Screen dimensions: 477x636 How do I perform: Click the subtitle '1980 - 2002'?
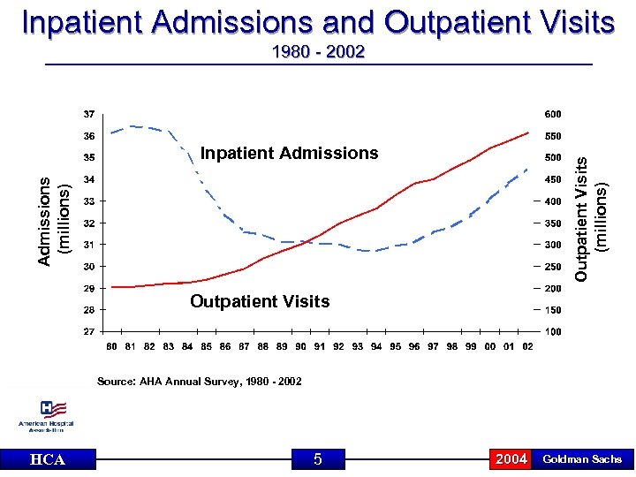coord(318,53)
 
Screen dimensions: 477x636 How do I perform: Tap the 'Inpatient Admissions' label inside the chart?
coord(289,154)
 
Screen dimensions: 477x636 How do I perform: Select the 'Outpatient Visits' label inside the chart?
coord(260,302)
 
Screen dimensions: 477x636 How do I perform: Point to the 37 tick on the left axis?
coord(89,114)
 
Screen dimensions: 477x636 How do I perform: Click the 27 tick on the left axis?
coord(89,331)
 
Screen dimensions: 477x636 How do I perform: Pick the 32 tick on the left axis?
coord(89,223)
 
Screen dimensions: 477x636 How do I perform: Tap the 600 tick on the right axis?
coord(552,114)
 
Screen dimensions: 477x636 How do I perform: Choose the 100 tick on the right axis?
coord(552,331)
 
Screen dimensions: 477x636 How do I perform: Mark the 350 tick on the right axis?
coord(552,223)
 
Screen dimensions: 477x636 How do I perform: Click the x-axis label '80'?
coord(112,346)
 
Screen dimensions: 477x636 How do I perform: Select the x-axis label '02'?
coord(527,346)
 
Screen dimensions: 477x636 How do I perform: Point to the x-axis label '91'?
coord(320,346)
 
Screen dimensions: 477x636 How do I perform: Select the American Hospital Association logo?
coord(46,416)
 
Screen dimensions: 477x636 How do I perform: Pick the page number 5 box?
coord(317,458)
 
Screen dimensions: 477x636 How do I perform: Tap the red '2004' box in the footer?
coord(511,458)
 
